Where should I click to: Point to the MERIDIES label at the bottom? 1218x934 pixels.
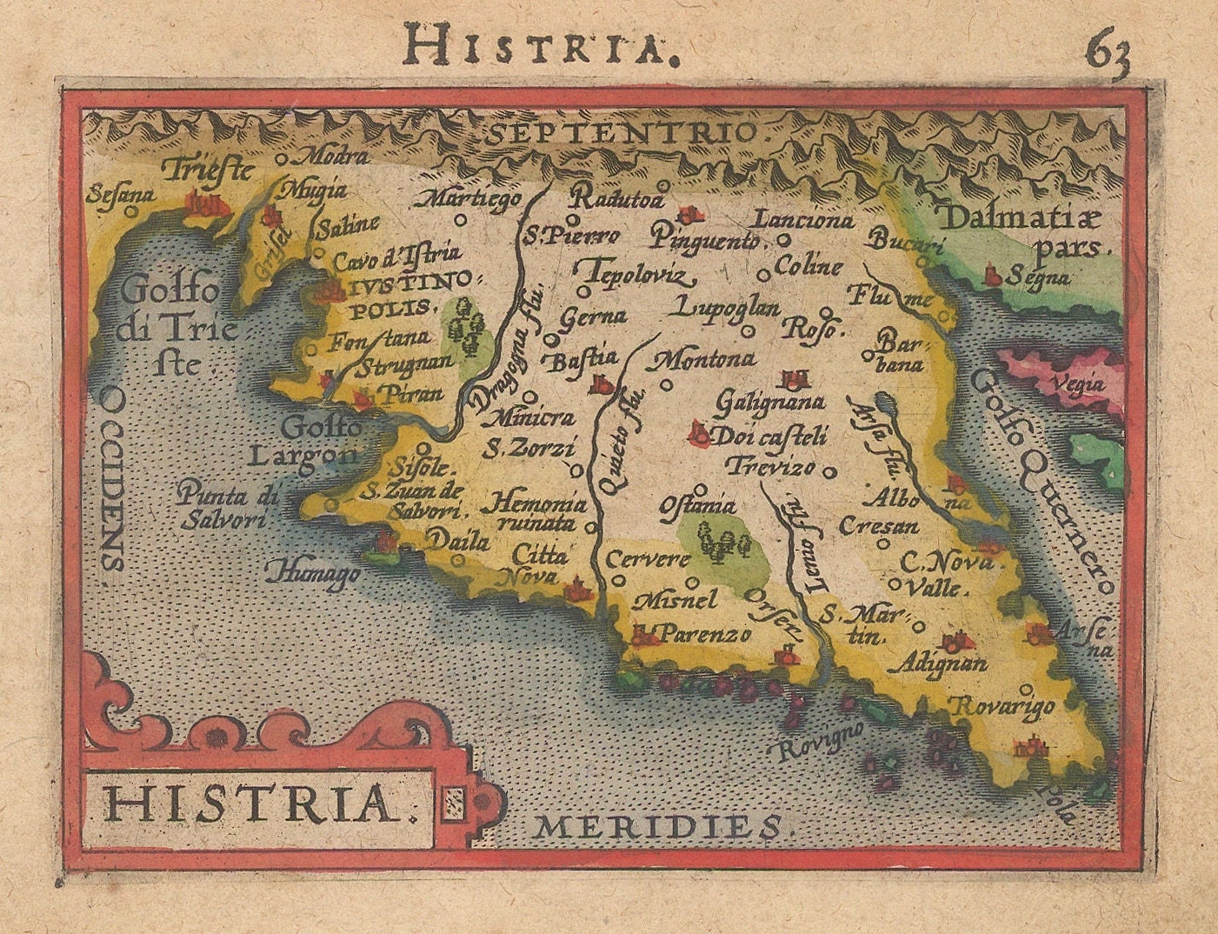tap(665, 824)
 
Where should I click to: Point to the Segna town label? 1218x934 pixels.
tap(1039, 278)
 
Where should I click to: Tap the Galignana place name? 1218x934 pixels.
tap(770, 403)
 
